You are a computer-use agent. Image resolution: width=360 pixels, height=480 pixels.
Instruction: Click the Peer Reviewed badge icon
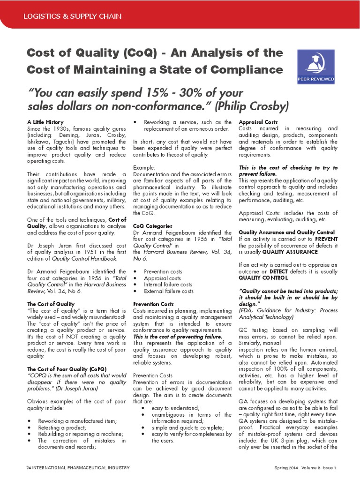pos(315,65)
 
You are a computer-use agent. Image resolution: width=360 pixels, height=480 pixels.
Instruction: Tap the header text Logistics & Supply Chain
pos(73,16)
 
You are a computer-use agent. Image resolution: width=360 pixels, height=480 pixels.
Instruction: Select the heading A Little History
pos(45,122)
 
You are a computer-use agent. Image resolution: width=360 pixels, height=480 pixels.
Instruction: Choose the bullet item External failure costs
pos(168,291)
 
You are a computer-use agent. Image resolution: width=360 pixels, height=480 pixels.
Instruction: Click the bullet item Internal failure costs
pos(168,285)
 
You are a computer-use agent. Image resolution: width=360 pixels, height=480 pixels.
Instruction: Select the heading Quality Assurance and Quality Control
pos(286,232)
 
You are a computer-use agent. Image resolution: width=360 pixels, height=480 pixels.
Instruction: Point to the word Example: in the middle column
pos(143,167)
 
